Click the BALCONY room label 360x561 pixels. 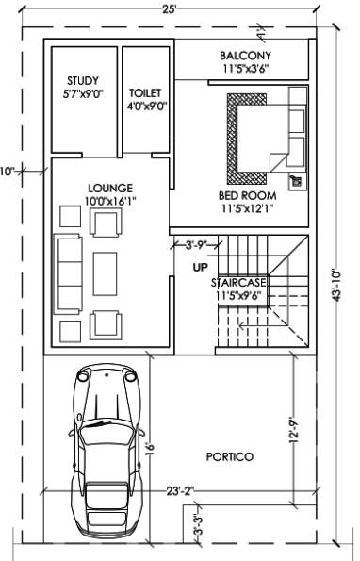(246, 56)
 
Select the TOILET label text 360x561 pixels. (145, 93)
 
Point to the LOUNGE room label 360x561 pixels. (109, 188)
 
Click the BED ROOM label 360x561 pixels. (247, 195)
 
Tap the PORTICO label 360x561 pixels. (232, 456)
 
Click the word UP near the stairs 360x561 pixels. (200, 267)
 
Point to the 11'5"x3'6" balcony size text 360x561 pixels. (246, 69)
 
